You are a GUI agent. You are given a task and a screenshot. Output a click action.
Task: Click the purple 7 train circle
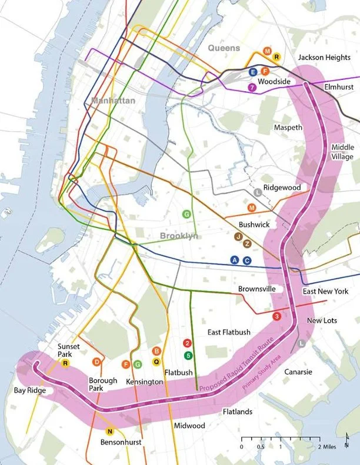[x=252, y=88]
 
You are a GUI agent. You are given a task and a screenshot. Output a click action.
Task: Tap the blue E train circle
[x=253, y=72]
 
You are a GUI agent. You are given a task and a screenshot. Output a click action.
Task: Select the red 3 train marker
[x=277, y=316]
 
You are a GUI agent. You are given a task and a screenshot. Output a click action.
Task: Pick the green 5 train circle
[x=188, y=355]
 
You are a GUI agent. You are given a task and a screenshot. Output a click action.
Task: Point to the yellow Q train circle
[x=156, y=362]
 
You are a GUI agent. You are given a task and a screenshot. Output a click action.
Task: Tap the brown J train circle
[x=238, y=236]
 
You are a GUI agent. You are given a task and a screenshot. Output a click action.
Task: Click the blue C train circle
[x=247, y=260]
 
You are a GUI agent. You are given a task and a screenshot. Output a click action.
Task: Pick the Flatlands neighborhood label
[x=238, y=412]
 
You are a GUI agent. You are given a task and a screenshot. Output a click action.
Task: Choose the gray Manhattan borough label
[x=113, y=101]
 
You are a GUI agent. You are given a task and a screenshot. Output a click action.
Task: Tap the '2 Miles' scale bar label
[x=328, y=446]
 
